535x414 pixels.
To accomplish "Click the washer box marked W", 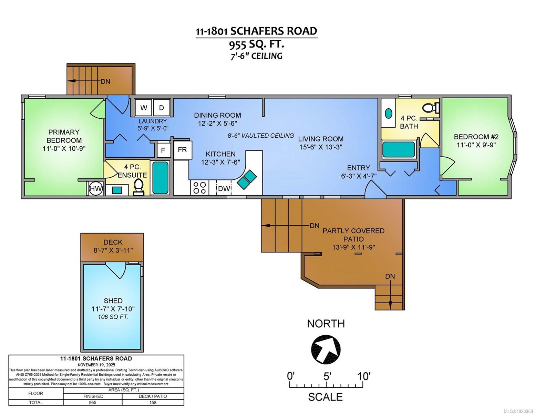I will coord(143,108).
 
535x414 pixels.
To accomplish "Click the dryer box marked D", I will coord(161,108).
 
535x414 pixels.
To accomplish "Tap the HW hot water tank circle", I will coord(96,188).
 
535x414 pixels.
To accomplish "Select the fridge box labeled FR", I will coord(182,150).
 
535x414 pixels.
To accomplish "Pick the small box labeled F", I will coord(164,150).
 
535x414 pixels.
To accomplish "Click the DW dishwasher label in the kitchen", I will coord(224,188).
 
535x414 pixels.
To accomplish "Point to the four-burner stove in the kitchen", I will coord(199,188).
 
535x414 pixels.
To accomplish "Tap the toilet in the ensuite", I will coord(138,187).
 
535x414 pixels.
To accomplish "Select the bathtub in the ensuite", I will coord(160,178).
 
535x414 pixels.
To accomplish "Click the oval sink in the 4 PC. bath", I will coord(388,113).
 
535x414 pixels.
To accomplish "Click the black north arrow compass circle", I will coord(326,349).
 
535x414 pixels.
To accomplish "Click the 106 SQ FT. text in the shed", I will coord(113,317).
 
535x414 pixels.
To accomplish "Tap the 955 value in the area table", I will coord(93,402).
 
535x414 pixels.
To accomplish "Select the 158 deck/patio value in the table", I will coord(153,402).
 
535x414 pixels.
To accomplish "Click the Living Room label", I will coord(320,139).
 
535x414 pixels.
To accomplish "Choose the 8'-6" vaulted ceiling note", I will coord(261,136).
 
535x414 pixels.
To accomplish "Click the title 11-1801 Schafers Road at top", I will coord(256,31).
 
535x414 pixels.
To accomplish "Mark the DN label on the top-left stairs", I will coord(105,82).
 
